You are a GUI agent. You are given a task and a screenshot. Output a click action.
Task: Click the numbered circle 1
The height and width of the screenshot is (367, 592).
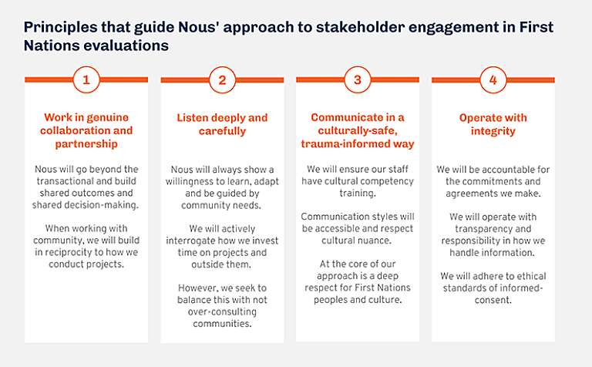[x=86, y=79]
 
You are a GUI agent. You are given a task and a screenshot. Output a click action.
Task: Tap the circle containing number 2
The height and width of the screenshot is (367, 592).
[x=222, y=79]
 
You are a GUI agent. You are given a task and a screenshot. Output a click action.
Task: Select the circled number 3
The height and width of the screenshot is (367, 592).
[x=357, y=79]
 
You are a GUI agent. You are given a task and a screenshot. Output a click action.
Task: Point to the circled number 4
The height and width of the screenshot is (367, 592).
[x=493, y=79]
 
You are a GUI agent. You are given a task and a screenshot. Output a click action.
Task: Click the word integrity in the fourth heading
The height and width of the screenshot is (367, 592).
[x=493, y=131]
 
